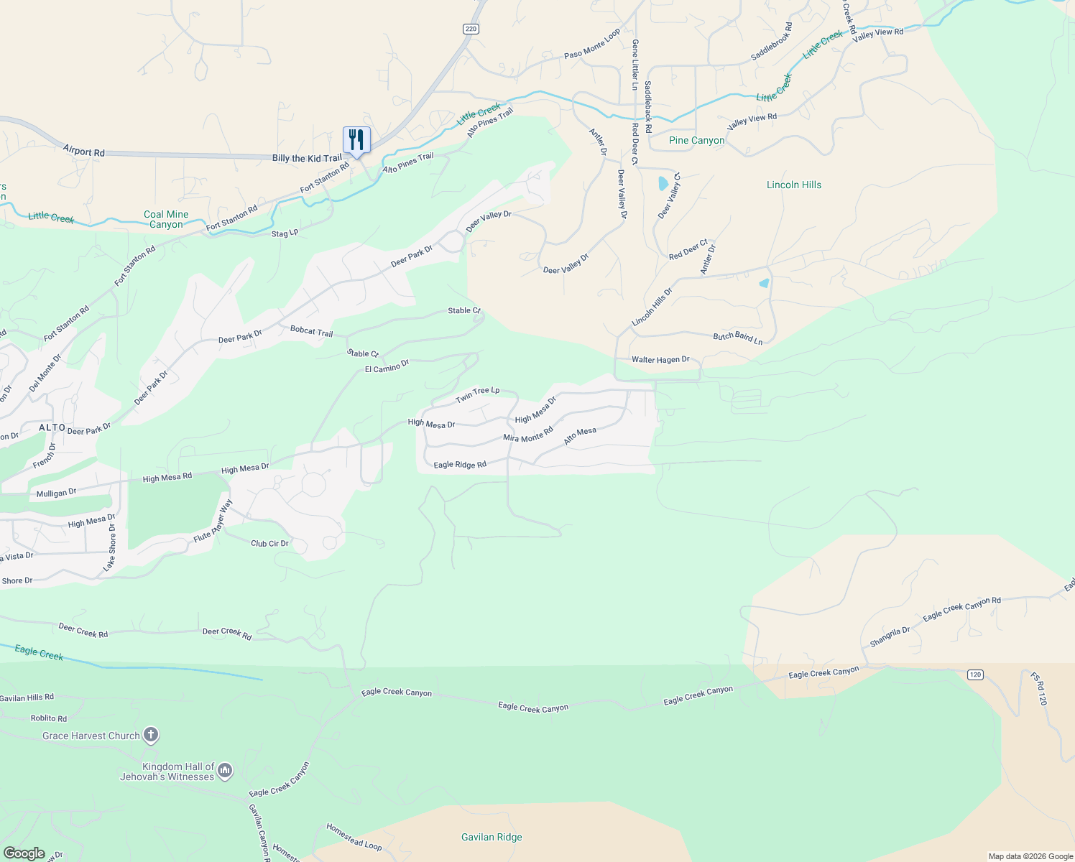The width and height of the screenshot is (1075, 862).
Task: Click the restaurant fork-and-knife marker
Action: (x=356, y=139)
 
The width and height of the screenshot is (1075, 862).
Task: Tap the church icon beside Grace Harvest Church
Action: (x=151, y=735)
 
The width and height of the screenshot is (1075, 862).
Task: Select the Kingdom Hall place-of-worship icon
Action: (x=225, y=771)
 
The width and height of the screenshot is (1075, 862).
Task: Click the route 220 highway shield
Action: (x=471, y=29)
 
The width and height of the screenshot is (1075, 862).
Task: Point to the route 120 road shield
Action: (x=975, y=675)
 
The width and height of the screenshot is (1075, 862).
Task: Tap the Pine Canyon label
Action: (x=696, y=140)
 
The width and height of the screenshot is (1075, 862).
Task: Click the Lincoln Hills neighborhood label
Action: (x=793, y=185)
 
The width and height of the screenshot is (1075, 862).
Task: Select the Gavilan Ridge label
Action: (x=492, y=837)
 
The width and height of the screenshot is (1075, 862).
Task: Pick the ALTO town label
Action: (x=52, y=427)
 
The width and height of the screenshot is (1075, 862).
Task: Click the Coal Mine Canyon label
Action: (x=166, y=219)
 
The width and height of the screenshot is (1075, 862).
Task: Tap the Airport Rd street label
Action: (x=83, y=151)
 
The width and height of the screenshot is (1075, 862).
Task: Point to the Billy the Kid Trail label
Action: (x=307, y=158)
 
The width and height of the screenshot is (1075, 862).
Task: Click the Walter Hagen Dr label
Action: (x=660, y=359)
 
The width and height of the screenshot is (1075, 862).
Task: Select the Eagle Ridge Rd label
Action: (x=460, y=465)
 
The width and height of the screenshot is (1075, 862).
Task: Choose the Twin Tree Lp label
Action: (x=477, y=394)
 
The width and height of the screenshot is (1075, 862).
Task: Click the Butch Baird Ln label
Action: (x=737, y=337)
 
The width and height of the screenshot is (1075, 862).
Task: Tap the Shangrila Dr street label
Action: (x=890, y=636)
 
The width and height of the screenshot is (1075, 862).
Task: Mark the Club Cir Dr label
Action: (x=269, y=543)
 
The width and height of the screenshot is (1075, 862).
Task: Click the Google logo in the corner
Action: (x=24, y=853)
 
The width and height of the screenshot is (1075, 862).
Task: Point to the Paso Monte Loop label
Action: (x=592, y=45)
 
